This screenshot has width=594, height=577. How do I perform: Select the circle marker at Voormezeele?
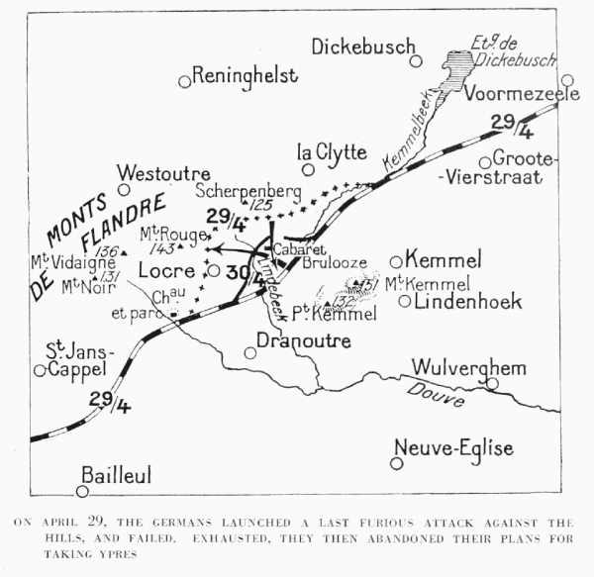[x=566, y=81]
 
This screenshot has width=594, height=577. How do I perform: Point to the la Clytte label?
[x=332, y=151]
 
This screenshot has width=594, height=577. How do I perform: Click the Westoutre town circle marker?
[x=124, y=189]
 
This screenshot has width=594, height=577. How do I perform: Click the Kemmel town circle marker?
[x=396, y=261]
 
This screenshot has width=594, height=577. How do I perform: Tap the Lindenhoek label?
[x=466, y=301]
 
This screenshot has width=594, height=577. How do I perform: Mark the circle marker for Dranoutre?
[x=250, y=352]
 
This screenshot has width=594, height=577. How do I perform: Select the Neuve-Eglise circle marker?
[x=396, y=462]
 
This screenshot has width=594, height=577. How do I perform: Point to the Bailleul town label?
[x=116, y=476]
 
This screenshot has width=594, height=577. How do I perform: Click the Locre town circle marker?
[x=213, y=270]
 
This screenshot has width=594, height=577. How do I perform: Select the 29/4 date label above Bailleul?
[x=108, y=401]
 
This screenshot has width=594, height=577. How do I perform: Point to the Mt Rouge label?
[x=163, y=234]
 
